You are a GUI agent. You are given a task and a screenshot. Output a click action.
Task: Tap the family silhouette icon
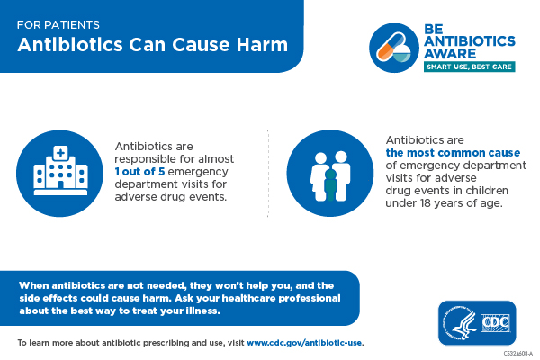coord(330,172)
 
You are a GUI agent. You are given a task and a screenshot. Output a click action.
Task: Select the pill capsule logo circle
coord(394,44)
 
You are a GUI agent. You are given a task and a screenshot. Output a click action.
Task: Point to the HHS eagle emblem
coord(458,322)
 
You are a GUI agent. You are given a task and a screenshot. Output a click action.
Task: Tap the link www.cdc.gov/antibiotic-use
coord(304,343)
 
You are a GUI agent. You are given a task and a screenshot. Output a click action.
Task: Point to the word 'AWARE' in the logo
coord(450,53)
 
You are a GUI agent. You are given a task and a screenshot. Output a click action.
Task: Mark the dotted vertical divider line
coord(268,172)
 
